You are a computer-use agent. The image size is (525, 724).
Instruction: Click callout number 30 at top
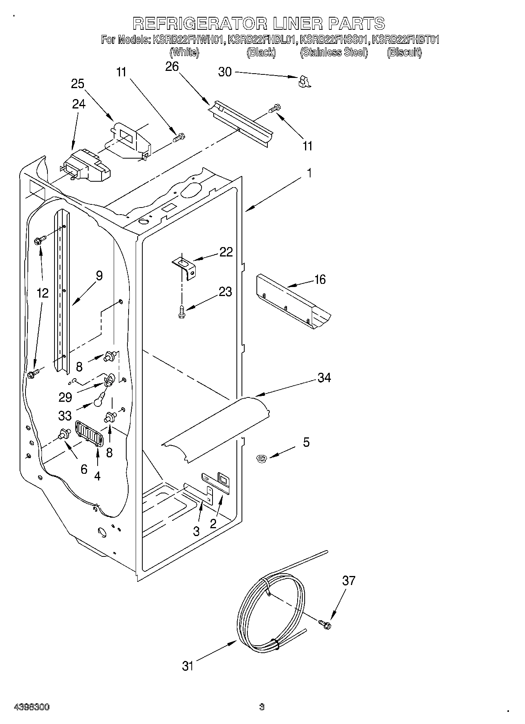[x=225, y=72]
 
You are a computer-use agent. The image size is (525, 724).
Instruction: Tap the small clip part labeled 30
[x=304, y=81]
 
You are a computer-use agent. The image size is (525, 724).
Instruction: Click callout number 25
[x=78, y=84]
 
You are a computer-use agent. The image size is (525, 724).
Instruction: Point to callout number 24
[x=79, y=104]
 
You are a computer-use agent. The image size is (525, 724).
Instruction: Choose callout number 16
[x=320, y=280]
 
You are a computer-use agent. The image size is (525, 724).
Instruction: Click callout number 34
[x=324, y=377]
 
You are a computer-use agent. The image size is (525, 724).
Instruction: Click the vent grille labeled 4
[x=89, y=433]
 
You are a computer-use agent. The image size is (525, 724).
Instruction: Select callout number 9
[x=99, y=276]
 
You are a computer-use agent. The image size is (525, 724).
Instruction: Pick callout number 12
[x=43, y=292]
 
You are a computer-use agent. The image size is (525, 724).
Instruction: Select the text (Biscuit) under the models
[x=404, y=52]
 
